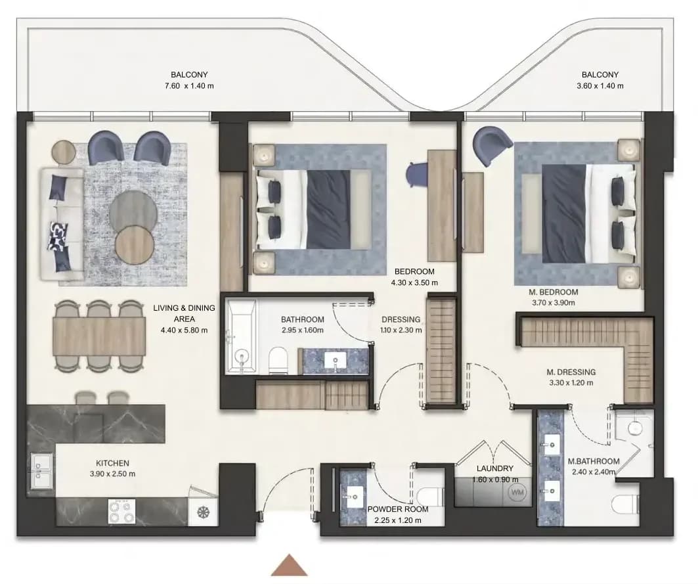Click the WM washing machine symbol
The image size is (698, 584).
pyautogui.click(x=517, y=493)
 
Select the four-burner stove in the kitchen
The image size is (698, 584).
pyautogui.click(x=122, y=511)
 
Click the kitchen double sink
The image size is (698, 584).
pyautogui.click(x=41, y=474)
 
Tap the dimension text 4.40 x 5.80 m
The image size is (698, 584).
pyautogui.click(x=185, y=330)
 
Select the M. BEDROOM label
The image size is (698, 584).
pyautogui.click(x=554, y=292)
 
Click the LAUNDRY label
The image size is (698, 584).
pyautogui.click(x=494, y=468)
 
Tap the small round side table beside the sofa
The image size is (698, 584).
pyautogui.click(x=64, y=152)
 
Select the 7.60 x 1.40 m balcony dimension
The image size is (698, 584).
pyautogui.click(x=189, y=86)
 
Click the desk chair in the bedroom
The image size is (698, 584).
pyautogui.click(x=416, y=173)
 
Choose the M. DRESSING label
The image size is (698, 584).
pyautogui.click(x=571, y=372)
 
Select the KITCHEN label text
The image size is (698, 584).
pyautogui.click(x=112, y=463)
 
